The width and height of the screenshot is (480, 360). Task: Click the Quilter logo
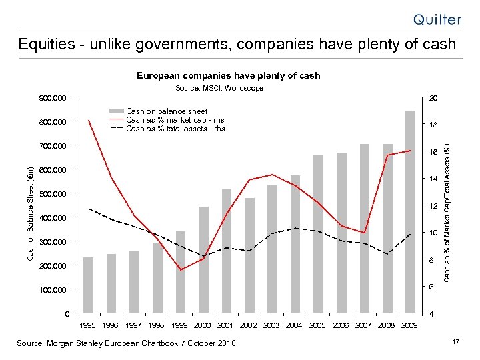point(437,19)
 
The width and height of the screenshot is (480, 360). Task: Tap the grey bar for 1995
point(89,285)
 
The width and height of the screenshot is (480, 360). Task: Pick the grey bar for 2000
point(203,259)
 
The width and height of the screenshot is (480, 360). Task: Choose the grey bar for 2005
point(318,233)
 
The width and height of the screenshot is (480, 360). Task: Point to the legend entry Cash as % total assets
point(175,129)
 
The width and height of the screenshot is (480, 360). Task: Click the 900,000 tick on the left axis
point(53,99)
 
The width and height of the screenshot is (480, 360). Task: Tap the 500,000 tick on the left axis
point(53,194)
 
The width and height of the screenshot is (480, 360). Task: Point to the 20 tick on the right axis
point(433,99)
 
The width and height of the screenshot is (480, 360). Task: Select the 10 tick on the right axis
point(433,233)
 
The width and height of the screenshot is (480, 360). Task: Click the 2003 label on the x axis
point(271,325)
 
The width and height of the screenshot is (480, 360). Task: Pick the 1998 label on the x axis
point(157,325)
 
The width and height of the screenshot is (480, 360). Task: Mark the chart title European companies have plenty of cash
point(229,75)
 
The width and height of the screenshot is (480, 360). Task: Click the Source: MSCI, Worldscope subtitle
point(219,88)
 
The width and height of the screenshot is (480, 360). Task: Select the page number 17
point(456,342)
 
